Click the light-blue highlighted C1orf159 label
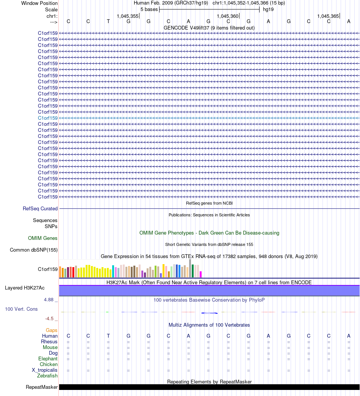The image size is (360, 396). (48, 118)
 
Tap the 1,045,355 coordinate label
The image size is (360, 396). (128, 16)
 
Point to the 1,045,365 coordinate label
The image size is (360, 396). (328, 16)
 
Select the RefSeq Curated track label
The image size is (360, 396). (40, 208)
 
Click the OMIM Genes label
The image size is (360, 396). (43, 238)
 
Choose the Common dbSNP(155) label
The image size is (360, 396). (34, 250)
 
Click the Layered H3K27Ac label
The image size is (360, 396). (31, 288)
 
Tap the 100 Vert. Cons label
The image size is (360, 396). (21, 309)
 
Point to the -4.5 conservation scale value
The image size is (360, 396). (50, 319)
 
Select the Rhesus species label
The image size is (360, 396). (49, 341)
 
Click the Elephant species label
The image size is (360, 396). (48, 358)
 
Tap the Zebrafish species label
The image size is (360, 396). (47, 376)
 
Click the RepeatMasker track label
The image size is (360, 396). (42, 387)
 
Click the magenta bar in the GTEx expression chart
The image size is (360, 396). (201, 274)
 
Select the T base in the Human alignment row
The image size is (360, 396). (108, 336)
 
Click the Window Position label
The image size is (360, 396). (39, 3)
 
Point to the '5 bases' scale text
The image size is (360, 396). (149, 9)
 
